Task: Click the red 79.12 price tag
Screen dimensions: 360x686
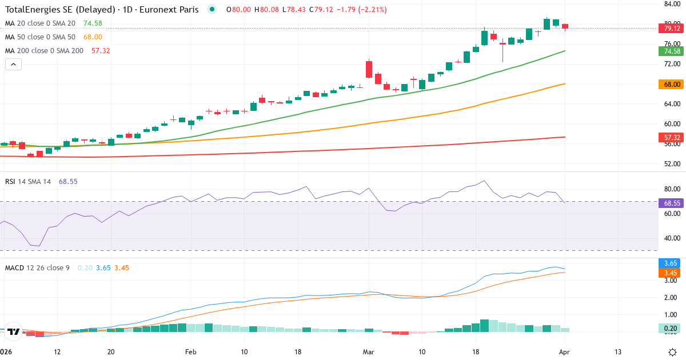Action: point(672,28)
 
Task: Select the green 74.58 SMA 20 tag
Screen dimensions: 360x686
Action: point(672,51)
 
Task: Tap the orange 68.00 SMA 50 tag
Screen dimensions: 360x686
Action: point(672,84)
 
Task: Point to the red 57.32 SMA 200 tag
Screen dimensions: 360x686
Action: point(672,138)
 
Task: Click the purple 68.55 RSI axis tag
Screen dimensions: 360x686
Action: point(672,203)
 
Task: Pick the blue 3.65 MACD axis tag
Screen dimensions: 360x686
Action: point(672,263)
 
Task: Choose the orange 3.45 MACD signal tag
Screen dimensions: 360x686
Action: point(672,273)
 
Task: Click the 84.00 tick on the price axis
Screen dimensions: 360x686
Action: point(672,4)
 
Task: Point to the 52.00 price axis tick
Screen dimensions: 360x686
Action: point(672,164)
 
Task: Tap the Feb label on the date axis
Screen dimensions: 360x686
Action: point(191,352)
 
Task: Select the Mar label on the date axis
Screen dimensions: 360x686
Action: point(368,352)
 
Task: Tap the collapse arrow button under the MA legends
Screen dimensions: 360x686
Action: point(13,65)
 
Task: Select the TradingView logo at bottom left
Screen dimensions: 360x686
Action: point(14,331)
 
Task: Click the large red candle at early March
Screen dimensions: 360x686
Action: point(369,69)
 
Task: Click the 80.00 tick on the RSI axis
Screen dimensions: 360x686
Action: point(672,189)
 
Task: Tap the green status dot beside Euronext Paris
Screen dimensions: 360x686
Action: point(213,9)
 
